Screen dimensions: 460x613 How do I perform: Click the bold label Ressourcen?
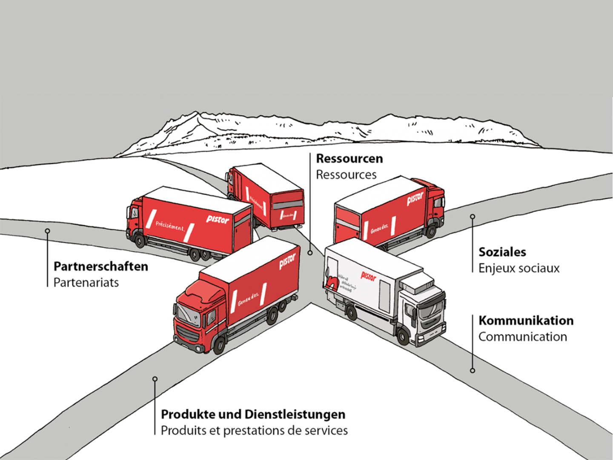(x=349, y=158)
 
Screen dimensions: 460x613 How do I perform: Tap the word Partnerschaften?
(x=101, y=267)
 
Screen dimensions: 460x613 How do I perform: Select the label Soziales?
(x=502, y=252)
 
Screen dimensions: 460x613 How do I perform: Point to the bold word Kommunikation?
(x=526, y=320)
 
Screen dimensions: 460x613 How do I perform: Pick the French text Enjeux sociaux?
(x=519, y=268)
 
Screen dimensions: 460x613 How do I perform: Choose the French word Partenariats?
(x=86, y=282)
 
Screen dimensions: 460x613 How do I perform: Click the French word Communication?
(x=523, y=337)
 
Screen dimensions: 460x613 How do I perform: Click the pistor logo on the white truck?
(x=369, y=276)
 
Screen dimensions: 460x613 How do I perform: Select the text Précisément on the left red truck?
(x=170, y=225)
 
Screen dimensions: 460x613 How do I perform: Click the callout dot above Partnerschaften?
(x=47, y=231)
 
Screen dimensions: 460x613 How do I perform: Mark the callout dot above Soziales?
(x=473, y=217)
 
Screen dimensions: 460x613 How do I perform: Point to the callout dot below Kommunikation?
(x=473, y=371)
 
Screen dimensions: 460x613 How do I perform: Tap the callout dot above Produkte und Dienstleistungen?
(x=155, y=379)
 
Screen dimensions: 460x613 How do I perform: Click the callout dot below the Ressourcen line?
(x=310, y=253)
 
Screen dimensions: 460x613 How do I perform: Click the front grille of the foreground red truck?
(x=187, y=334)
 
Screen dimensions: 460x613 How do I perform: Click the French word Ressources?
(x=346, y=175)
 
